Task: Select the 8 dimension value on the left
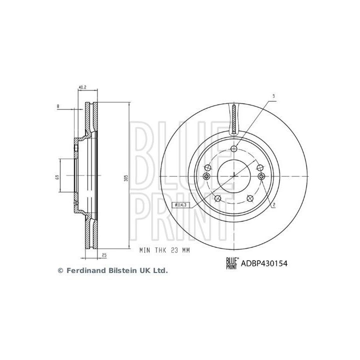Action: [x=58, y=106]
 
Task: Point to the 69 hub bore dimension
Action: [x=57, y=176]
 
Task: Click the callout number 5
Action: [x=273, y=96]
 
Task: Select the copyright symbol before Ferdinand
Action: [x=61, y=270]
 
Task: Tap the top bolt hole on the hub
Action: [x=234, y=148]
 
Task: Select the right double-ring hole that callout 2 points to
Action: [x=261, y=176]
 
